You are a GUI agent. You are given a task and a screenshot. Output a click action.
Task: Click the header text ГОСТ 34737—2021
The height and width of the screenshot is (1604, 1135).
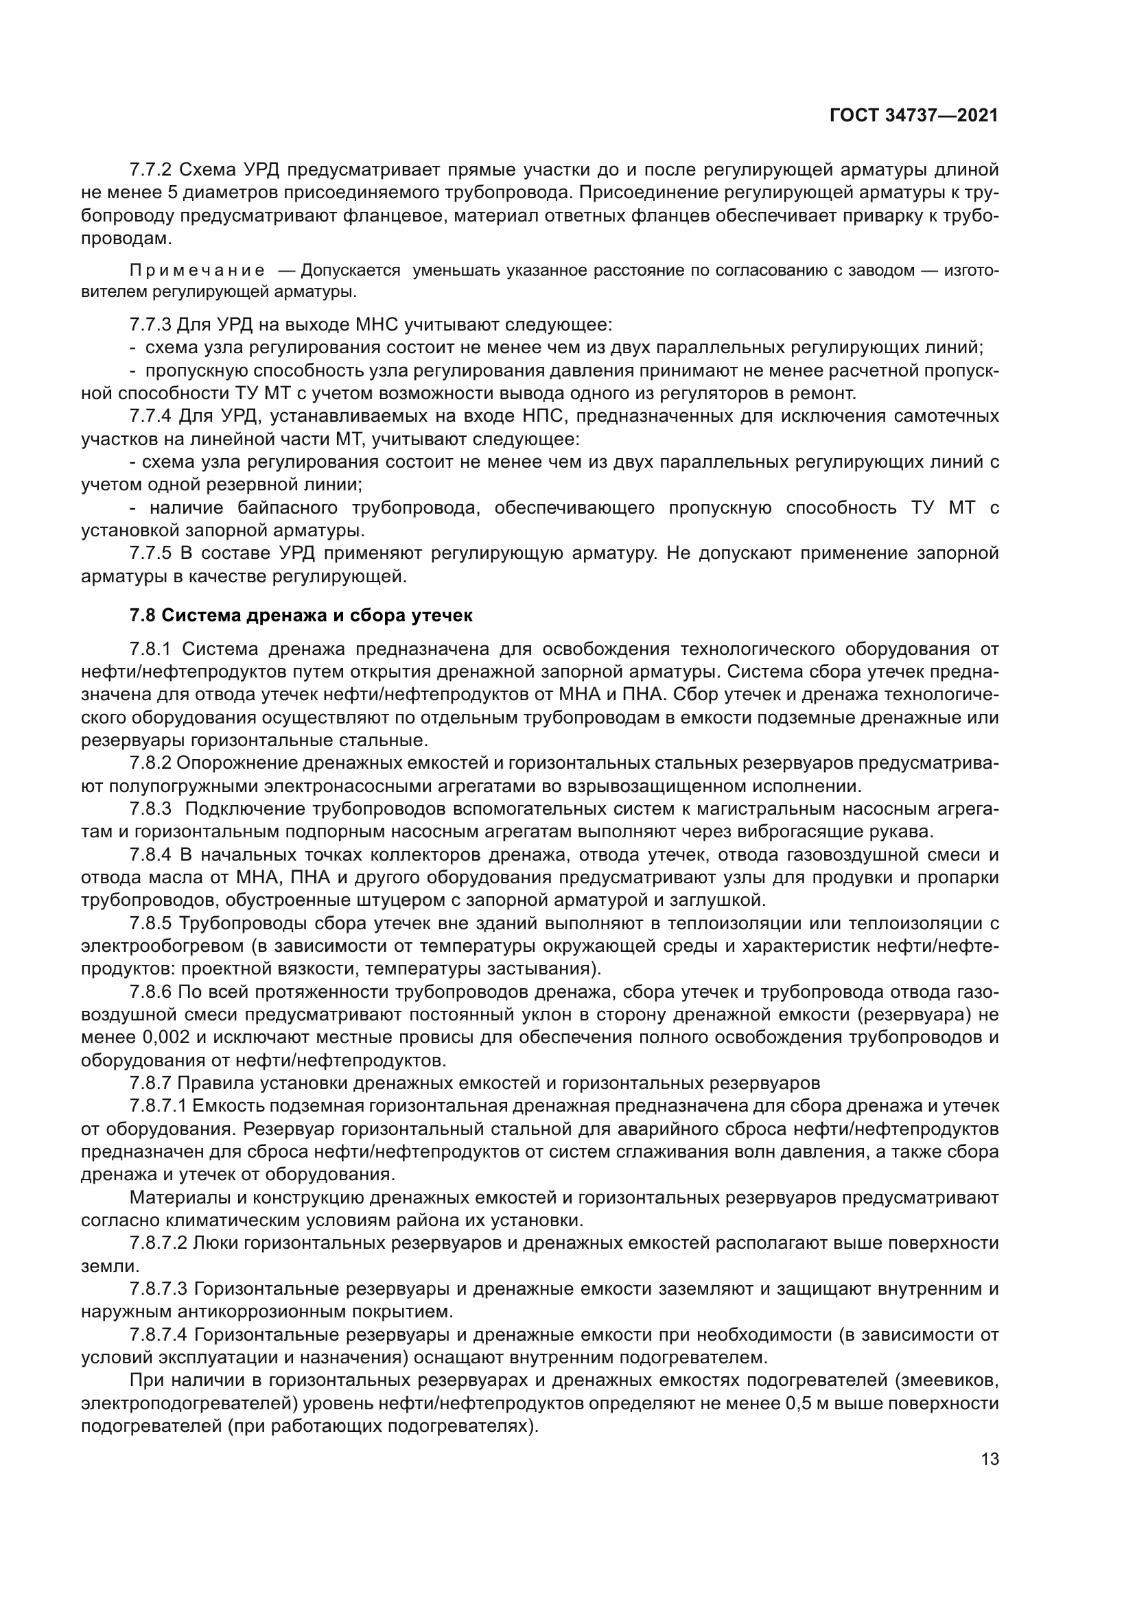pyautogui.click(x=913, y=116)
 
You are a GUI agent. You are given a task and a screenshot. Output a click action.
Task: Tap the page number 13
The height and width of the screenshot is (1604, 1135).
pyautogui.click(x=990, y=1459)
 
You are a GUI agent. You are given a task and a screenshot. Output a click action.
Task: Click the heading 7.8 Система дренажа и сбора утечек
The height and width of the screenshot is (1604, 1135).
pyautogui.click(x=301, y=615)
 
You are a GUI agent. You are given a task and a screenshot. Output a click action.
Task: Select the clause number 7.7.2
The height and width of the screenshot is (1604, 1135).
pyautogui.click(x=150, y=170)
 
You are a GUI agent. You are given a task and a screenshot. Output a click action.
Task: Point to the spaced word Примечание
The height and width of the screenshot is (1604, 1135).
pyautogui.click(x=197, y=270)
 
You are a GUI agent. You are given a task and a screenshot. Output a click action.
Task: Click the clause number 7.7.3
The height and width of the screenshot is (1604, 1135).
pyautogui.click(x=150, y=325)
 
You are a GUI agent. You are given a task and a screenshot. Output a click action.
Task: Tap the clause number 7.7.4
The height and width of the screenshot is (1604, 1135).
pyautogui.click(x=150, y=416)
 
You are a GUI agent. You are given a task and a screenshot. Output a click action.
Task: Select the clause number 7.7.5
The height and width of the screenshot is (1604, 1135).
pyautogui.click(x=150, y=553)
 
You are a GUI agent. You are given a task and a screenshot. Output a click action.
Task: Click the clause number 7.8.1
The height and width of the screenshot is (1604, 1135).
pyautogui.click(x=150, y=649)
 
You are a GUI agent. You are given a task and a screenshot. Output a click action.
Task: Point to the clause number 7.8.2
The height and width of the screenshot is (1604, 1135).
pyautogui.click(x=150, y=763)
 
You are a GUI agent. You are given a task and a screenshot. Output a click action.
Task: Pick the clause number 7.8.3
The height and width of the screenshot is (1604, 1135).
pyautogui.click(x=150, y=809)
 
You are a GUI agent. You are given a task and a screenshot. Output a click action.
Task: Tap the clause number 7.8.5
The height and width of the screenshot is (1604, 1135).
pyautogui.click(x=150, y=924)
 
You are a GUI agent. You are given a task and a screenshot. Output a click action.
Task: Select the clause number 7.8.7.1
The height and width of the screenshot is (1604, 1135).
pyautogui.click(x=158, y=1106)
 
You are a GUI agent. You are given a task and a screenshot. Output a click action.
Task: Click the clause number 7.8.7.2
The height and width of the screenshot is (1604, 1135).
pyautogui.click(x=158, y=1243)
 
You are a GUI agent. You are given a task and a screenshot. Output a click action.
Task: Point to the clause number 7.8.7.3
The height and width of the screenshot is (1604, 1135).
pyautogui.click(x=158, y=1289)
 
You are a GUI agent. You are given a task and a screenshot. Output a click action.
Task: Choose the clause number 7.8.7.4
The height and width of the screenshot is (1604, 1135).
pyautogui.click(x=158, y=1335)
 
